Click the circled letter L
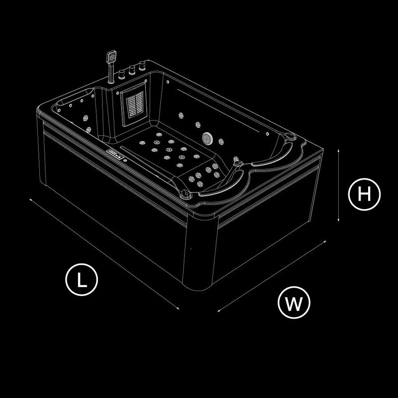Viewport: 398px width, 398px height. click(x=82, y=280)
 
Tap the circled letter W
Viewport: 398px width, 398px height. click(x=294, y=302)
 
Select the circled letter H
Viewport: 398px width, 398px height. click(x=364, y=194)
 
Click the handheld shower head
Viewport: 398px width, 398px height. click(x=111, y=57)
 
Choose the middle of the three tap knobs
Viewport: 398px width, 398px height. click(x=132, y=70)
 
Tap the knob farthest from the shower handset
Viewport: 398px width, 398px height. click(x=142, y=66)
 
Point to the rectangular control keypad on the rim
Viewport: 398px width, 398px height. click(x=115, y=154)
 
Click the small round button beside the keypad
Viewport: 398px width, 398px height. click(x=125, y=160)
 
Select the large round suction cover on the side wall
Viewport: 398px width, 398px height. click(x=207, y=138)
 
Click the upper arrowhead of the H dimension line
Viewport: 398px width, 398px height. click(x=338, y=151)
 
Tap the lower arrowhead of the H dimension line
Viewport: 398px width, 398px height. click(x=338, y=220)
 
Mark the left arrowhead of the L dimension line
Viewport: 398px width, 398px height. click(x=30, y=200)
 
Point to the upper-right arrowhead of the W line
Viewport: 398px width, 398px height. click(x=325, y=241)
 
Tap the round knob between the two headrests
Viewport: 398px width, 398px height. click(x=238, y=163)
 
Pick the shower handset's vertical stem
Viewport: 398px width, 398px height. click(x=110, y=73)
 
